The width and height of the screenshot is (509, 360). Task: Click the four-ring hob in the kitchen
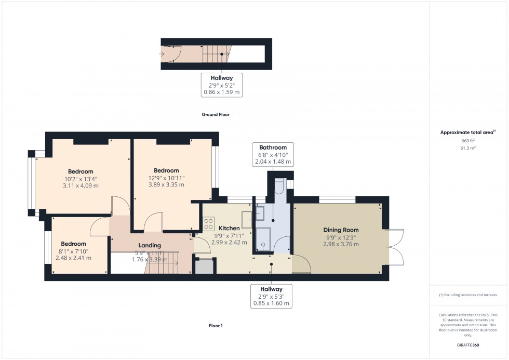pyautogui.click(x=209, y=224)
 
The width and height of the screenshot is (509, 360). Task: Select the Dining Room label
pyautogui.click(x=341, y=230)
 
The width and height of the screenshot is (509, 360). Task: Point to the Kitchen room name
pyautogui.click(x=229, y=228)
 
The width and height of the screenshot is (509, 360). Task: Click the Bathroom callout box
pyautogui.click(x=273, y=155)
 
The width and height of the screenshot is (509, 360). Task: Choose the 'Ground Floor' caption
pyautogui.click(x=215, y=114)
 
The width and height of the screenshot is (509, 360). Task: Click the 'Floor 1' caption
pyautogui.click(x=215, y=326)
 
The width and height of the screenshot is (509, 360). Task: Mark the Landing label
pyautogui.click(x=150, y=245)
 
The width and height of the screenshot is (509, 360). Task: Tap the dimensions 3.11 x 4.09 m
pyautogui.click(x=81, y=185)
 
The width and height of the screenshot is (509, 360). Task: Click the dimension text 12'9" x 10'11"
pyautogui.click(x=166, y=178)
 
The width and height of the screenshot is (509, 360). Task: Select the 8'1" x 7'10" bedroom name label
pyautogui.click(x=73, y=244)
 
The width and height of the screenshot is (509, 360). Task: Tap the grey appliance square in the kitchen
pyautogui.click(x=203, y=265)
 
